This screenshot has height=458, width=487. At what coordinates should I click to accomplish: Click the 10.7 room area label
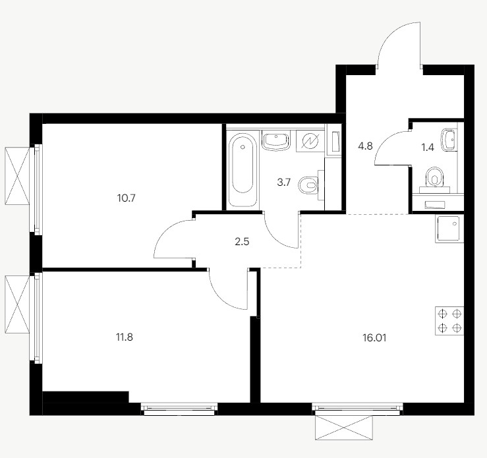tap(127, 198)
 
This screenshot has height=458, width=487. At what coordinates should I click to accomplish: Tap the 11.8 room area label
tap(125, 337)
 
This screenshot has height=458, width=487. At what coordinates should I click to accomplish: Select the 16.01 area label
tap(374, 338)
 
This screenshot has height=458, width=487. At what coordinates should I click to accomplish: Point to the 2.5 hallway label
tap(242, 242)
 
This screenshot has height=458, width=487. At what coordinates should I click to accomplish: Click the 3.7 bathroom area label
tap(283, 183)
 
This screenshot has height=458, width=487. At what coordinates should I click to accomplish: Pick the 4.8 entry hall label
tap(365, 146)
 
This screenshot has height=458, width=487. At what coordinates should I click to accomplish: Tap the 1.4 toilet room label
tap(428, 148)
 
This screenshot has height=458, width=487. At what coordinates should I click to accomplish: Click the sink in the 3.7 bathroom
tap(276, 140)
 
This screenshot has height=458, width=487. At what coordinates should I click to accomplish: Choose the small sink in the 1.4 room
tap(449, 140)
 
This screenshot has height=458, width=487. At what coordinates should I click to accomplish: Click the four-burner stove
tap(449, 321)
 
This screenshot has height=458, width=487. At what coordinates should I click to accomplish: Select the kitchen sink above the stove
tap(449, 229)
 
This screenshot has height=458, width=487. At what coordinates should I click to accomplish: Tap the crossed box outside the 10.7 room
tap(17, 176)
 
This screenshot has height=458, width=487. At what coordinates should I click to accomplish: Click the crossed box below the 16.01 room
tap(343, 428)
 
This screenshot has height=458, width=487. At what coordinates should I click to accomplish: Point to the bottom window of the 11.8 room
tap(179, 409)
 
